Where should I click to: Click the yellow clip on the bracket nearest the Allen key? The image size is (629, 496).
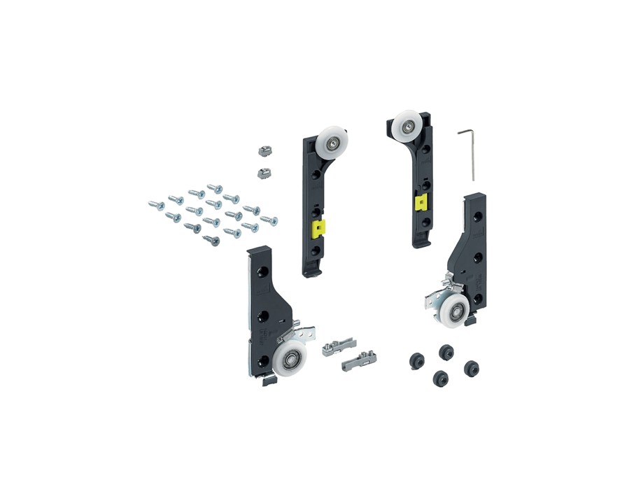click(x=420, y=204)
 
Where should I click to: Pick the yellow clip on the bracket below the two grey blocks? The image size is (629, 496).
click(x=318, y=228)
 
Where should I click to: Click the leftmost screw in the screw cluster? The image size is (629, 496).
click(x=155, y=205)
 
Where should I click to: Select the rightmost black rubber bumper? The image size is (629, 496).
click(x=471, y=367)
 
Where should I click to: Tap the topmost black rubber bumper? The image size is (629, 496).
click(x=444, y=349)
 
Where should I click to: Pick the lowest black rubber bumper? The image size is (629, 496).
click(x=440, y=378)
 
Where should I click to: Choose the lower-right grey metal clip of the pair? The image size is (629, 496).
click(x=356, y=361)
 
